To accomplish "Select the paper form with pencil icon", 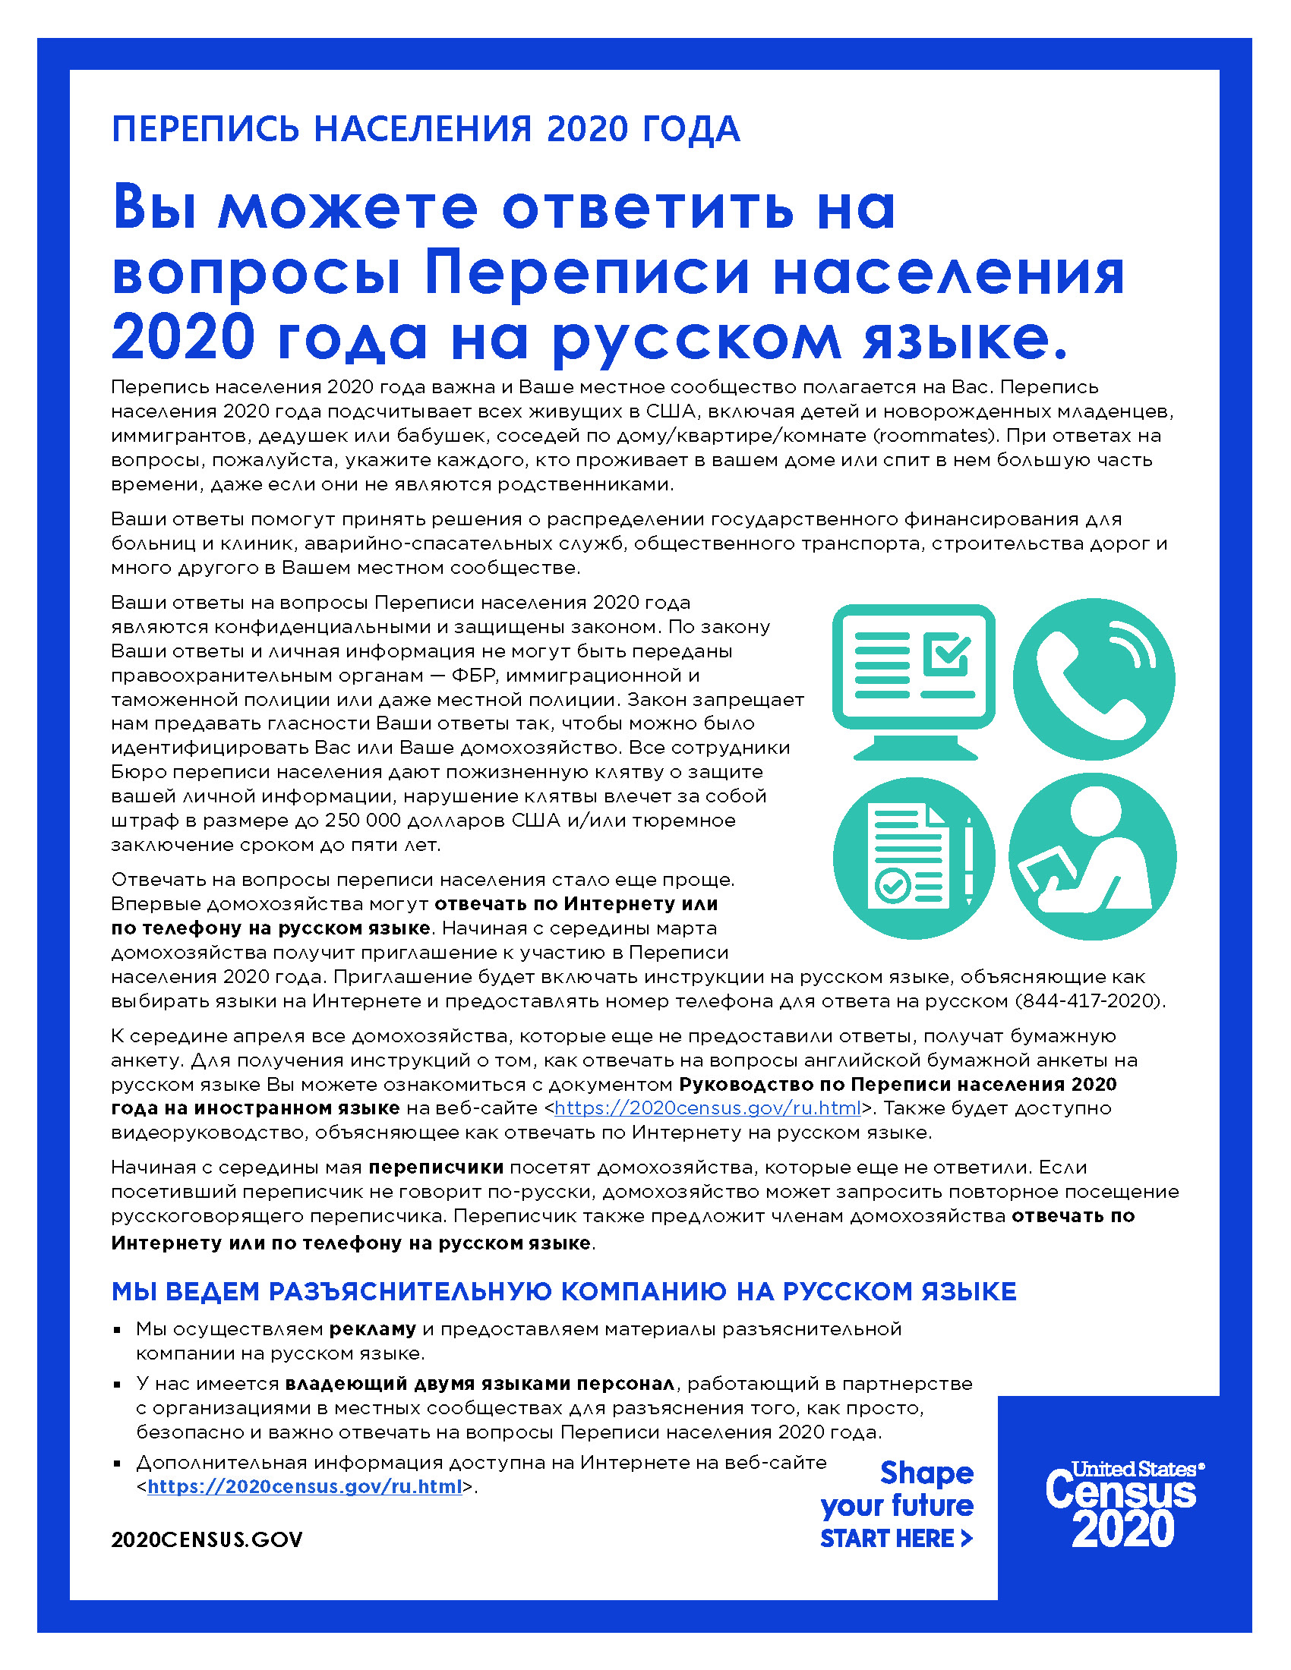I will (913, 857).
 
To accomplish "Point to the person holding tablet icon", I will (1092, 857).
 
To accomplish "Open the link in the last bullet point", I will (305, 1486).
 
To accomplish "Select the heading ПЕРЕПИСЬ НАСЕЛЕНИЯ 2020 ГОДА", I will (425, 129).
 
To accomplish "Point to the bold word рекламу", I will (372, 1329).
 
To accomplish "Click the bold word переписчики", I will (436, 1167).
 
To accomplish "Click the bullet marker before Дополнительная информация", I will (117, 1463).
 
